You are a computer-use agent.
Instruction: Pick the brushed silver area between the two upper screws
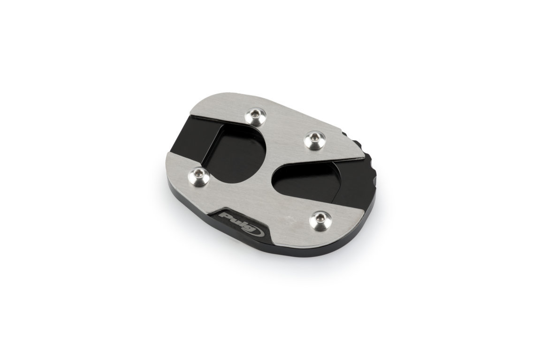tap(281, 124)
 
